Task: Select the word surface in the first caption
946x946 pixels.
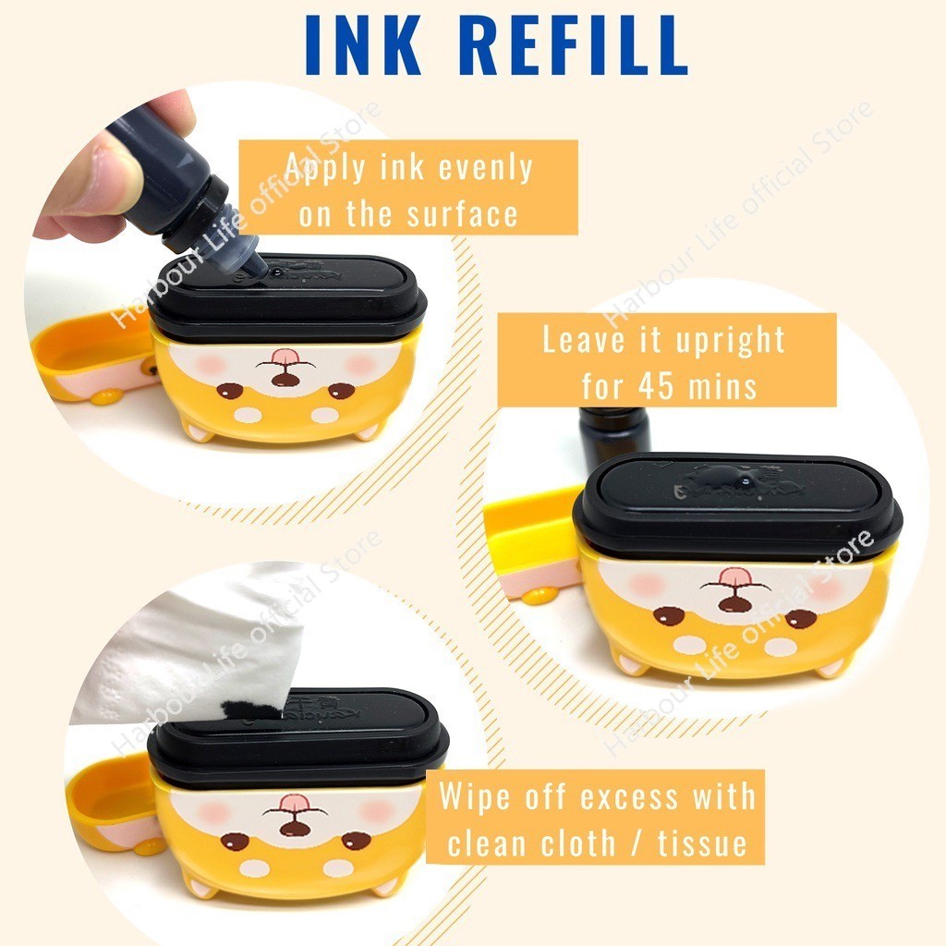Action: (x=462, y=214)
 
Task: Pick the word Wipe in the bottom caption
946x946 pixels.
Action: (x=475, y=797)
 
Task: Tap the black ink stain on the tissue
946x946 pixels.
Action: (x=251, y=709)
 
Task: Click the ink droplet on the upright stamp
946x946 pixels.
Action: (x=746, y=480)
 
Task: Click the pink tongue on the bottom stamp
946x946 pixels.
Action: (x=294, y=803)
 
